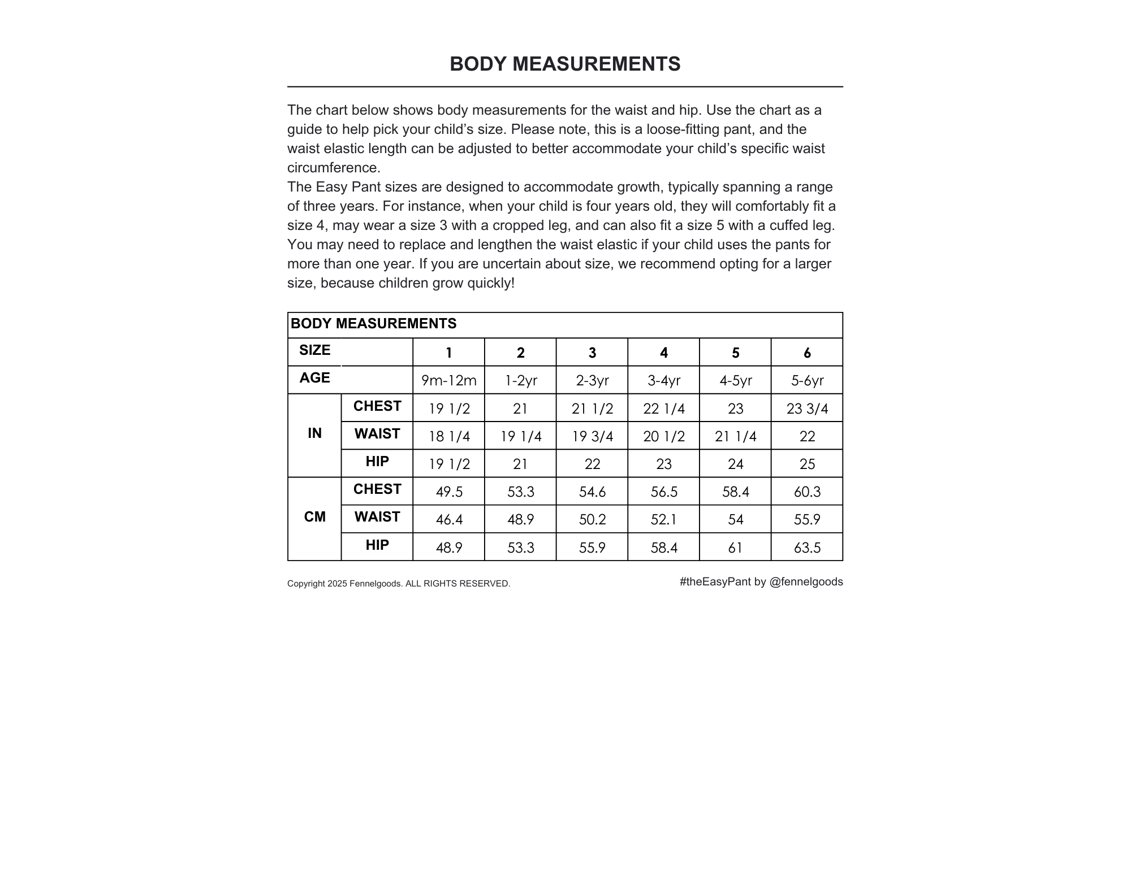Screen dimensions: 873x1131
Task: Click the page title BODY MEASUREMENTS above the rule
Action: click(565, 64)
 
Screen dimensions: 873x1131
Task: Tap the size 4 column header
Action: click(663, 353)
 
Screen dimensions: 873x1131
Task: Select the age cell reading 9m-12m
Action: click(448, 381)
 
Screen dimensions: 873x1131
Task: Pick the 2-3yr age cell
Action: click(592, 381)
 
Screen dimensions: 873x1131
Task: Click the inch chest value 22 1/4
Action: click(663, 409)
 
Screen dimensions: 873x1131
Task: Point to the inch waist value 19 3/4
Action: click(592, 436)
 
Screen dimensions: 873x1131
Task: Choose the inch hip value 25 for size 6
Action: click(807, 464)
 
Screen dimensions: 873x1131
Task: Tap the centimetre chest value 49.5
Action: click(449, 492)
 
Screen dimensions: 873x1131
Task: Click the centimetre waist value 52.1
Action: click(663, 519)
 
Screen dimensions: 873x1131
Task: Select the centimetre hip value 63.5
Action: click(807, 548)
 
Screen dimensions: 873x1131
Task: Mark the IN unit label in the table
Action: click(314, 433)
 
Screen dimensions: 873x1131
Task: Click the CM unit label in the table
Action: click(314, 517)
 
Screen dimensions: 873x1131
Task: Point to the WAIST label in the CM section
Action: click(377, 517)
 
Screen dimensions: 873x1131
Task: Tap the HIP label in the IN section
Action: click(377, 462)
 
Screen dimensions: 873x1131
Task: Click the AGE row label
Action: click(314, 378)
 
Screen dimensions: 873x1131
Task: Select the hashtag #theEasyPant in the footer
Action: click(715, 582)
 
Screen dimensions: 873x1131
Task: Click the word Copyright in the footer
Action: click(306, 584)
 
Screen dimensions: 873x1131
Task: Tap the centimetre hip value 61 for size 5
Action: click(735, 548)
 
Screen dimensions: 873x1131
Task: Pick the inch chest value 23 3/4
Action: click(807, 409)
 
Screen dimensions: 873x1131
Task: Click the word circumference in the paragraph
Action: click(334, 168)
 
